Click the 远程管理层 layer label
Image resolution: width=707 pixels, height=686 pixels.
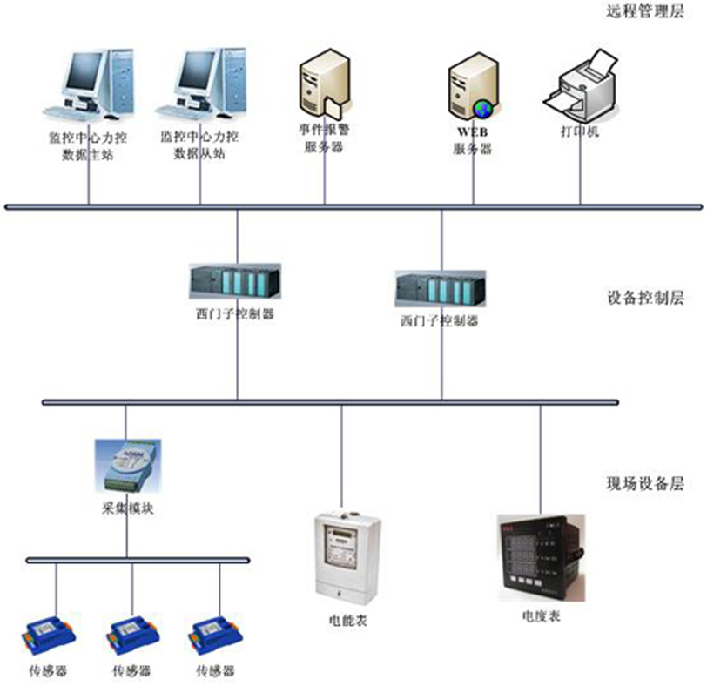pyautogui.click(x=644, y=11)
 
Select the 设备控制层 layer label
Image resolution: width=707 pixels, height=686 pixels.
pyautogui.click(x=644, y=298)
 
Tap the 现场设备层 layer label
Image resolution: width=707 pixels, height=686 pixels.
pyautogui.click(x=644, y=482)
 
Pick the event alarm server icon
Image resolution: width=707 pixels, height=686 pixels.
pyautogui.click(x=324, y=85)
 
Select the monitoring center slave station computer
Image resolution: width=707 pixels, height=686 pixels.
pyautogui.click(x=199, y=85)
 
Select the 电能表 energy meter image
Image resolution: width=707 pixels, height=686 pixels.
pyautogui.click(x=347, y=556)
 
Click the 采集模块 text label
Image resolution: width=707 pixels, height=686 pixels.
pyautogui.click(x=127, y=508)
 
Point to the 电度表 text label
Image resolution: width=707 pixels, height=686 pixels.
pyautogui.click(x=541, y=615)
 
